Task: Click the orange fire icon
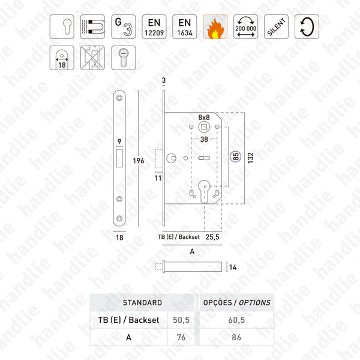214,27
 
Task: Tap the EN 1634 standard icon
184,27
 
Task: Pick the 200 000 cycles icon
245,27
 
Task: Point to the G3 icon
122,27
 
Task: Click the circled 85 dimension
235,158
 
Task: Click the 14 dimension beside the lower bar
233,268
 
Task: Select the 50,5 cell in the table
181,320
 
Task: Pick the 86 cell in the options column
236,337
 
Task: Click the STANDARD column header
142,302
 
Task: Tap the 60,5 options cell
236,320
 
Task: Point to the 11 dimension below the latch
158,178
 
